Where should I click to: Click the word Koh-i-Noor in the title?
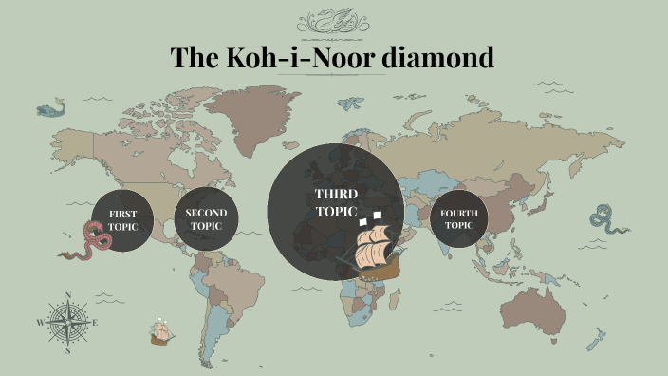click(x=301, y=58)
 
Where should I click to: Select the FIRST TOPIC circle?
click(x=122, y=219)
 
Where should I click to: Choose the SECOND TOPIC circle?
click(x=206, y=219)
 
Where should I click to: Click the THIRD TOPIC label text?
click(x=336, y=202)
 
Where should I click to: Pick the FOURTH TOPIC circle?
click(x=459, y=219)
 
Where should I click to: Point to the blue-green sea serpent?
click(x=607, y=219)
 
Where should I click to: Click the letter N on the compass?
click(x=68, y=294)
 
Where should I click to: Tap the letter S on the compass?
click(x=68, y=350)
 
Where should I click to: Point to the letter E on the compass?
click(x=96, y=322)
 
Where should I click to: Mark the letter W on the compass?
click(x=40, y=323)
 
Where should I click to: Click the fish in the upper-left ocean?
click(x=52, y=109)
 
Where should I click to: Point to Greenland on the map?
click(x=249, y=104)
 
